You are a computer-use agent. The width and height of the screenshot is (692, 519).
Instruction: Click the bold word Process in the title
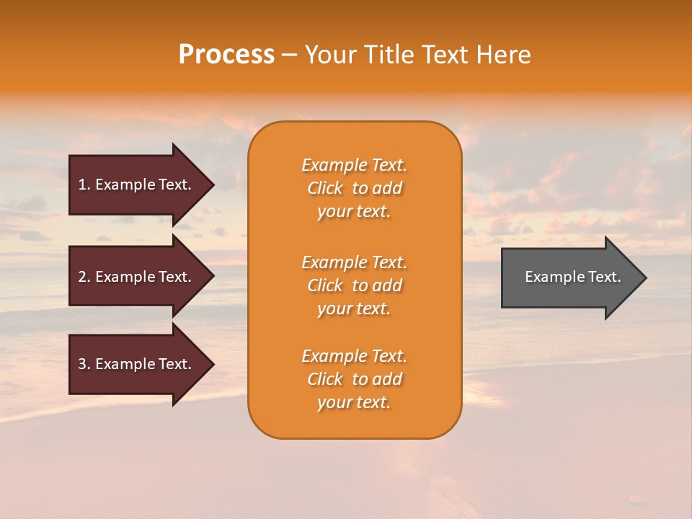coord(226,55)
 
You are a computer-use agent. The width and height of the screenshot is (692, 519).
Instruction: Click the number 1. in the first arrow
coord(84,185)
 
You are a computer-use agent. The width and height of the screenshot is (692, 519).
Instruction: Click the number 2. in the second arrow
coord(84,277)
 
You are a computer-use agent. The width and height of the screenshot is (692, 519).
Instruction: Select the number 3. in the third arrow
coord(84,364)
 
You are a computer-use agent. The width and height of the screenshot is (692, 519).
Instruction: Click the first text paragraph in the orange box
coord(354,188)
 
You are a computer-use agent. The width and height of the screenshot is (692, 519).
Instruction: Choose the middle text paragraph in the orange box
coord(354,285)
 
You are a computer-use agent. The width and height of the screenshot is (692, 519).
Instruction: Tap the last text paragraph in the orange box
coord(354,379)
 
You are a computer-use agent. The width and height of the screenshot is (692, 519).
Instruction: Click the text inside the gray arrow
coord(572,277)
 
